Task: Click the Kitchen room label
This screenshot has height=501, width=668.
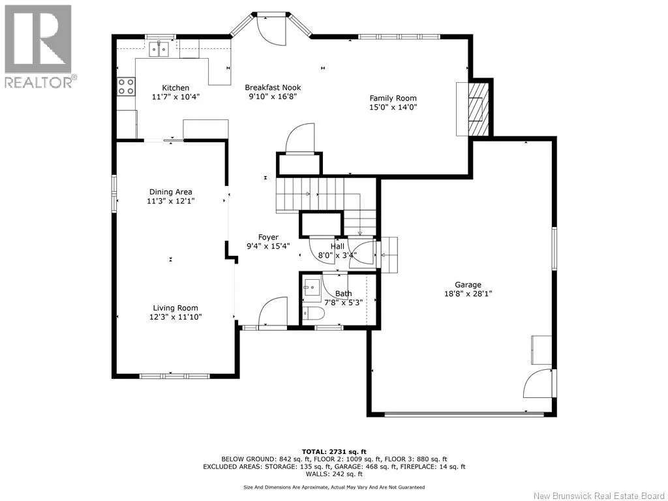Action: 175,88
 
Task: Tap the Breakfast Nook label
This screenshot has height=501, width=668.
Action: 273,87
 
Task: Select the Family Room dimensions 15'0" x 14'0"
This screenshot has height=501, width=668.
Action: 393,107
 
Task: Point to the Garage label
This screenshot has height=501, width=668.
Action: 468,284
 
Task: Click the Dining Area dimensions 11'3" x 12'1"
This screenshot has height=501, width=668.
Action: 170,201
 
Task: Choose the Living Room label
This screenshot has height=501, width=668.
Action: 175,308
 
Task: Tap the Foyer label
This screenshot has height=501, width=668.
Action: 268,237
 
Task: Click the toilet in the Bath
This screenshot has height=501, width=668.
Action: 313,314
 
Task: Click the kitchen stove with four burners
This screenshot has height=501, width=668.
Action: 126,86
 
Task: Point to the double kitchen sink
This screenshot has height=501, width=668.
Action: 159,49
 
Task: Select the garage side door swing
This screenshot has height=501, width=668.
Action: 538,383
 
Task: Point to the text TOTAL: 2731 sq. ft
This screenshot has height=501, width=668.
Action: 334,451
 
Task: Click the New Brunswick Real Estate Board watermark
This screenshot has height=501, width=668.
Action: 599,496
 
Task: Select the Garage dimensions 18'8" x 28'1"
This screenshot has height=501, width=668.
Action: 468,294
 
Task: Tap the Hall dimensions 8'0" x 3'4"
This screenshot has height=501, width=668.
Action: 337,256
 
